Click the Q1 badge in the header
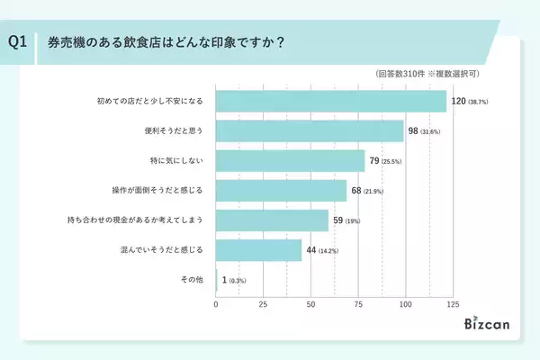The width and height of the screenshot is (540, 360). [x=17, y=41]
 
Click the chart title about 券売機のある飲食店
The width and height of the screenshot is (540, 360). [x=160, y=42]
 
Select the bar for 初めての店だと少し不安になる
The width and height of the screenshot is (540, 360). [x=331, y=101]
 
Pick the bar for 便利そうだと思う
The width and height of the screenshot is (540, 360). [x=310, y=131]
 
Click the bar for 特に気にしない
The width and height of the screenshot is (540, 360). [x=291, y=162]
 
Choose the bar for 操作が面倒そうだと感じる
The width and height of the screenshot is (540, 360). [x=281, y=192]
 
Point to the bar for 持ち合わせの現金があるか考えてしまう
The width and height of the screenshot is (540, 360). [x=272, y=220]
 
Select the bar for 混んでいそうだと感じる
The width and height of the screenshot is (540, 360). [x=258, y=250]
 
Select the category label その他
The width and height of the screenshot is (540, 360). [x=193, y=280]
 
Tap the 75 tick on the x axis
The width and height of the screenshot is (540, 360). [x=358, y=305]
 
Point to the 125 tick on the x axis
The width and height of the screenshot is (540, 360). [x=454, y=305]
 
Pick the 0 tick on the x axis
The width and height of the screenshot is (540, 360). [x=216, y=305]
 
